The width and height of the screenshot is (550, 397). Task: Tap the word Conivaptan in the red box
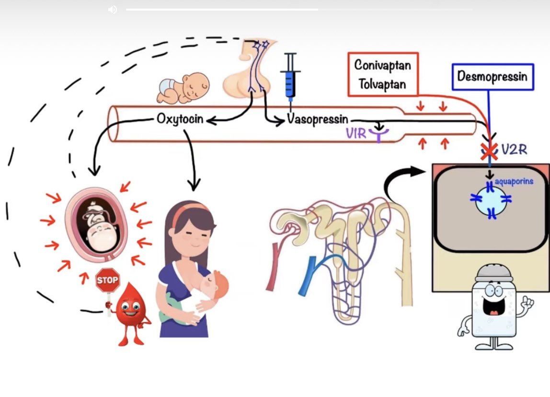point(382,65)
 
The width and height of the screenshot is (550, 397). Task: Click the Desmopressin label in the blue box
point(492,76)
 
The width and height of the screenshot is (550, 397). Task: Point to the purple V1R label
point(356,133)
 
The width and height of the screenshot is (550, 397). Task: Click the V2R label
point(514,150)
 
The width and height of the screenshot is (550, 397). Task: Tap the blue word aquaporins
point(515,182)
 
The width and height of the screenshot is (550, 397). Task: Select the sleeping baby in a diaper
point(184,88)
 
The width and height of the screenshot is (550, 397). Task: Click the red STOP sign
point(107,280)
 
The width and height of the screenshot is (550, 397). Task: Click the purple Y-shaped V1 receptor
point(379,135)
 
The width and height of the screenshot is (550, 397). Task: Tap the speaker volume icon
point(113,10)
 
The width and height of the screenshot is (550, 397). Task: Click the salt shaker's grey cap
point(493,274)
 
